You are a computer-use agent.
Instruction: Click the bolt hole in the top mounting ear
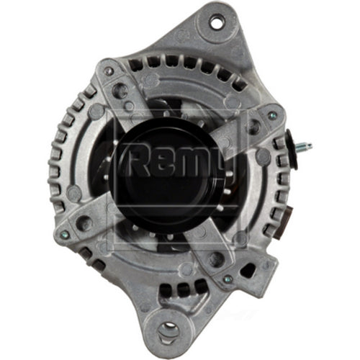(x=216, y=21)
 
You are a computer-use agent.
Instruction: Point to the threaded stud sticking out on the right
(x=302, y=147)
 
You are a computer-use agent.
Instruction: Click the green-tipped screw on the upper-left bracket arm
(x=107, y=71)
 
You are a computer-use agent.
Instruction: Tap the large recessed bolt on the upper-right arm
(x=251, y=127)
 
